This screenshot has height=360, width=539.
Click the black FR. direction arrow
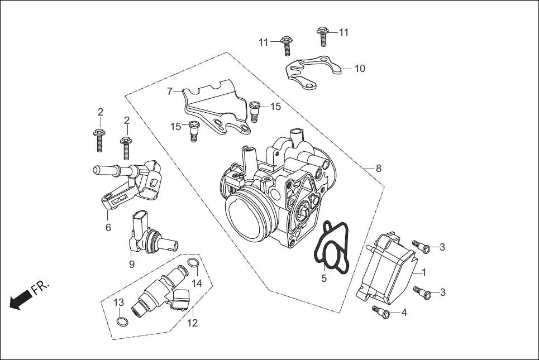(20, 301)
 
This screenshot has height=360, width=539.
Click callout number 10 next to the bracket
(360, 69)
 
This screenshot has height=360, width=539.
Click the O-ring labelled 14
(192, 263)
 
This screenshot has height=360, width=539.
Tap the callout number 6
(108, 227)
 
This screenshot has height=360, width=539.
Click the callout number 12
(192, 323)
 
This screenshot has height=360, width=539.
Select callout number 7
(170, 91)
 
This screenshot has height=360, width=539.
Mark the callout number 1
(423, 272)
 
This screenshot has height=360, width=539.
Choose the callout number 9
(132, 265)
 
